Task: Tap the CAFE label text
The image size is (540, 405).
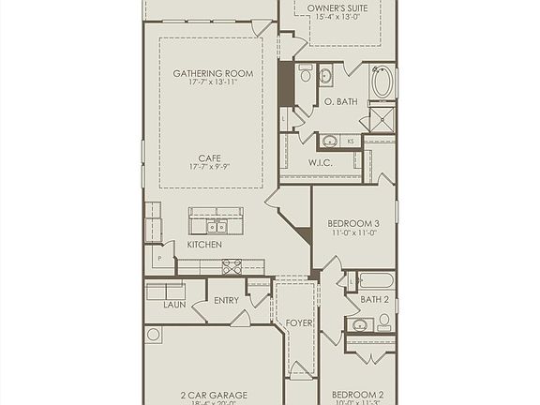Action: point(210,157)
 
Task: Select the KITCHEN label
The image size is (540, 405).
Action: point(204,245)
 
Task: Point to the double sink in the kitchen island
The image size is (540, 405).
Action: point(217,227)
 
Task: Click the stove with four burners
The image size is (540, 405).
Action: point(232,266)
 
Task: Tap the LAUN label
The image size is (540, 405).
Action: point(174,305)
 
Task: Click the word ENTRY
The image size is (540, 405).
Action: point(226,301)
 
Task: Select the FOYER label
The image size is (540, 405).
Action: point(299,323)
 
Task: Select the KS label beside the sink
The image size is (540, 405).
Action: point(351,141)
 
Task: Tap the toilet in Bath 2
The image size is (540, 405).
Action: point(383,321)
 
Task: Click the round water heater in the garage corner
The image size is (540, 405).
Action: point(154,334)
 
